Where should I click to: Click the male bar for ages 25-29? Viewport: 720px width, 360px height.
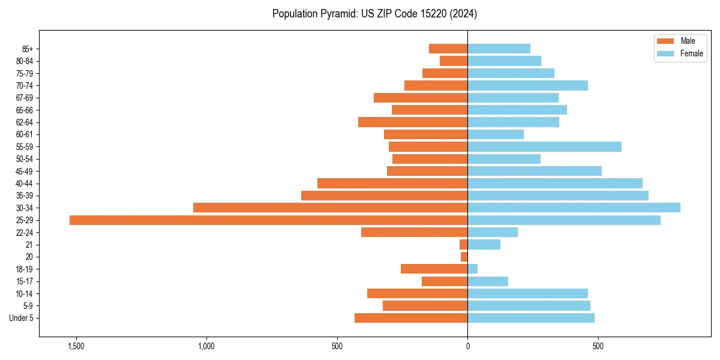click(268, 220)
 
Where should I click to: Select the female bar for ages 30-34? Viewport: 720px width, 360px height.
click(574, 208)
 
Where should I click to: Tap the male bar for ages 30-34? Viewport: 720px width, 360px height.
click(330, 208)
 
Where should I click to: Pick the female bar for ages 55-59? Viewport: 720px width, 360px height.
click(544, 146)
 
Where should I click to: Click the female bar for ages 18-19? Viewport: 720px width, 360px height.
click(473, 269)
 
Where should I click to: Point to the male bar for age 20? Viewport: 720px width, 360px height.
click(464, 257)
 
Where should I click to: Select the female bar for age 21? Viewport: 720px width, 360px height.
click(484, 245)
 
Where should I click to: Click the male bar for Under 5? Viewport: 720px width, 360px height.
click(411, 318)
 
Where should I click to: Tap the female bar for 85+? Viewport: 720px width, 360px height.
click(499, 49)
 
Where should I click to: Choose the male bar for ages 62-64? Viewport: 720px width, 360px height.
click(413, 122)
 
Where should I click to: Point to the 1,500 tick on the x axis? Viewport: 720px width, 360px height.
click(76, 346)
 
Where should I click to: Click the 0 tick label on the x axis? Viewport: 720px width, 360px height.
click(467, 346)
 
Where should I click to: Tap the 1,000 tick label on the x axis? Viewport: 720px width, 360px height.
click(206, 346)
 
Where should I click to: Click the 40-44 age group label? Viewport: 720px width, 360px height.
click(25, 184)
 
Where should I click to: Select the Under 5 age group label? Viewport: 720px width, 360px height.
click(22, 318)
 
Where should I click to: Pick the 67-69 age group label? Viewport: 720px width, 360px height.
click(25, 98)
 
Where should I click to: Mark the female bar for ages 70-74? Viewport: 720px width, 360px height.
click(527, 85)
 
